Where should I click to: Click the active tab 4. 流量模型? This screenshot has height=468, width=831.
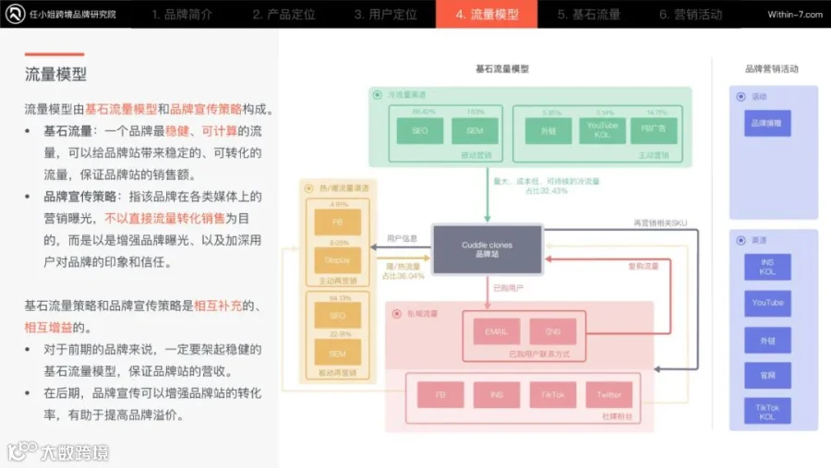point(487,14)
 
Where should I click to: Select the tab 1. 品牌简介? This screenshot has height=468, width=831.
point(182,14)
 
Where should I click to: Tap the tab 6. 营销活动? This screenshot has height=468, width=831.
point(690,14)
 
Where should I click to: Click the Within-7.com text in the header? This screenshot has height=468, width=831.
point(794,14)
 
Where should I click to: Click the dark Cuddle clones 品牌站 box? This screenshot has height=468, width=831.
point(487,249)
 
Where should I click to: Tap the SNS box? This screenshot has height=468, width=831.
point(554,331)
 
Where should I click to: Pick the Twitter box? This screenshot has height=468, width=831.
point(609,394)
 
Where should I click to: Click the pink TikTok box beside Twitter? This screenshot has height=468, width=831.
point(553,394)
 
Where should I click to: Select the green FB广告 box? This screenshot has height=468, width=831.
point(654,131)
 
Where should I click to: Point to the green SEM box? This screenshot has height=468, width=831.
point(475,131)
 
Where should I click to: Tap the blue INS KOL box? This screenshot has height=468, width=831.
point(767,266)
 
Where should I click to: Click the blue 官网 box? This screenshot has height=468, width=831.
point(767,375)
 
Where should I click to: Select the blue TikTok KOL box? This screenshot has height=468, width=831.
point(767,412)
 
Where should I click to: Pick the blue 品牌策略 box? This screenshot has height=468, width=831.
point(767,123)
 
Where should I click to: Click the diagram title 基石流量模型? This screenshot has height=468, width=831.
point(502,69)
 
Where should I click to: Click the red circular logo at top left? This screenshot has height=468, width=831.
point(15,14)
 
